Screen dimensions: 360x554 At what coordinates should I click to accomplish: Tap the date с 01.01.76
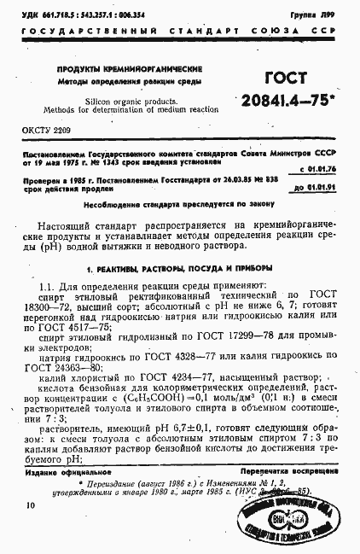click(328, 169)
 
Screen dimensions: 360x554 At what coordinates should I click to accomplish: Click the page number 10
click(31, 505)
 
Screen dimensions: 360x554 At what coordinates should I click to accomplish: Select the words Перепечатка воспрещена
click(294, 471)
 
